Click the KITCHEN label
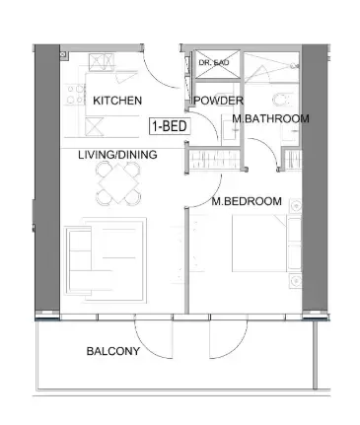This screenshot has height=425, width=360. [117, 101]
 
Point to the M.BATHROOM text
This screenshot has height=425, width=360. [270, 119]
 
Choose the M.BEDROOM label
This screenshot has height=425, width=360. [247, 201]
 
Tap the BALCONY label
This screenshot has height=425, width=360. [112, 351]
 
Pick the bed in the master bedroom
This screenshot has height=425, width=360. [259, 247]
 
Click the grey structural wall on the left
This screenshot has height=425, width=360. [45, 177]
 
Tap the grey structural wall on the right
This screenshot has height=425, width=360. [314, 177]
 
